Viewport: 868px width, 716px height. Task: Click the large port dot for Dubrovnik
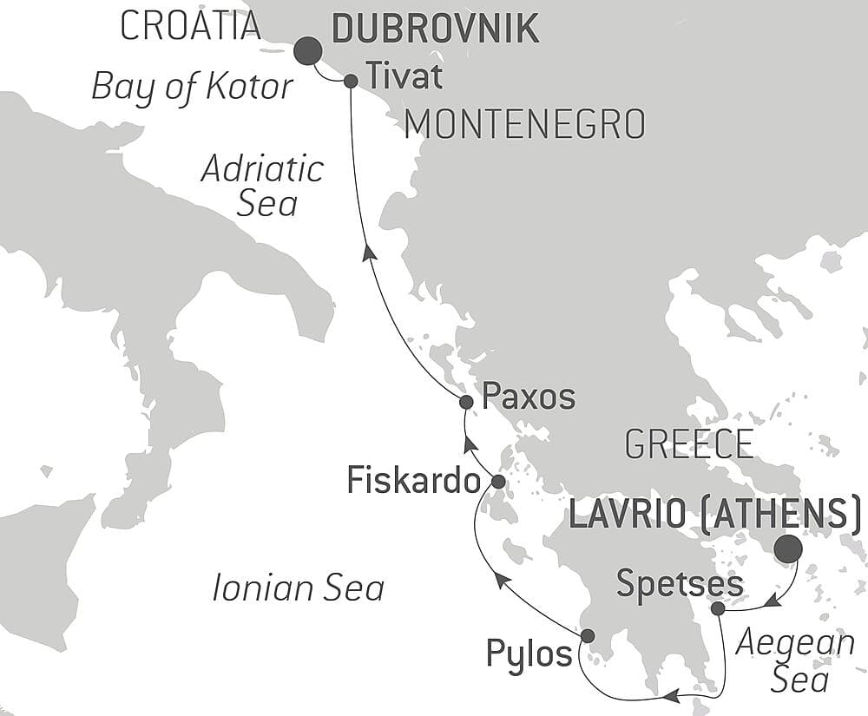(306, 51)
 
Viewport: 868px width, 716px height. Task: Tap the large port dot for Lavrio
(788, 549)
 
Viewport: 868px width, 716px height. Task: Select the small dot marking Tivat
(351, 81)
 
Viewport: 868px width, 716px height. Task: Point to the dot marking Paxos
(466, 402)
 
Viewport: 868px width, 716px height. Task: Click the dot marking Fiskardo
(498, 481)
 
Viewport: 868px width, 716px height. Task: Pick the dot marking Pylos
(587, 635)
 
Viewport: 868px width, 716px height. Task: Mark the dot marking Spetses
(718, 609)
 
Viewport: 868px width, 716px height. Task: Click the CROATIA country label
(190, 26)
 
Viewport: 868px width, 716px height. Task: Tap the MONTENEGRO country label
(525, 125)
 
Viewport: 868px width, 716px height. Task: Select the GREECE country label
(688, 444)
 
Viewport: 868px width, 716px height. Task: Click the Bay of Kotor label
(192, 87)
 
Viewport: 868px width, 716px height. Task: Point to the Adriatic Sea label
(262, 186)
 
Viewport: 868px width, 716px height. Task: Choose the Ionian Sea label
(298, 588)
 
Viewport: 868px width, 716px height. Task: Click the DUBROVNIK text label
(436, 29)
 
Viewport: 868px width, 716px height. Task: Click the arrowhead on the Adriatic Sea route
(369, 252)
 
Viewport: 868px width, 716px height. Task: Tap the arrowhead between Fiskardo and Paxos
(470, 445)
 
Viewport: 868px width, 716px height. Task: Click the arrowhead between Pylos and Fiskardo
(501, 581)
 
